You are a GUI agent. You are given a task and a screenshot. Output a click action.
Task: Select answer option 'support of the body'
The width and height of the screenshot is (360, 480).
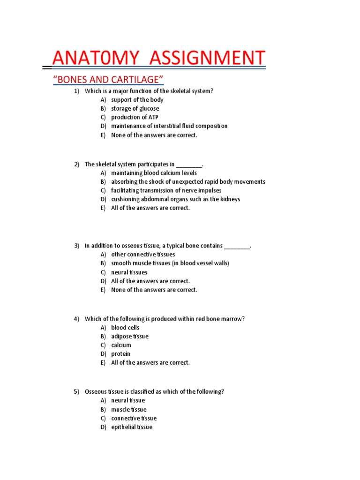pos(137,100)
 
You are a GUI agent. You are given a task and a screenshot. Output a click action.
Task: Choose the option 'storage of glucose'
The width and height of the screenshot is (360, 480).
pos(135,109)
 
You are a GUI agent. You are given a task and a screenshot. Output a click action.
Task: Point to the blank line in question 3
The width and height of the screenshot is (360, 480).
pos(237,246)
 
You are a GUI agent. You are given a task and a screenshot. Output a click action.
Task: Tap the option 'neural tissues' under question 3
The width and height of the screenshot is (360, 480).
pos(129,272)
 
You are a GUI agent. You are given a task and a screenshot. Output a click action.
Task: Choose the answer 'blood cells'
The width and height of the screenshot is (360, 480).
pos(125,328)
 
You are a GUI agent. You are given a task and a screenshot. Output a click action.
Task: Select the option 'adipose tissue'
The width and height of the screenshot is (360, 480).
pos(129,337)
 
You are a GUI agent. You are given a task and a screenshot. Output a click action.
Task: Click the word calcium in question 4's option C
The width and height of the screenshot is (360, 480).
pos(121,345)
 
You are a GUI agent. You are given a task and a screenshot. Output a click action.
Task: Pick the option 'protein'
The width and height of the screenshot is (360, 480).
pos(120,354)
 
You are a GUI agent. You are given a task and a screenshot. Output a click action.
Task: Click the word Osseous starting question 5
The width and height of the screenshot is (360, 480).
pos(95,391)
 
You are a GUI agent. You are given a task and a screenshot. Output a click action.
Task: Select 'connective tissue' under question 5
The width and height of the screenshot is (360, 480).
pos(134,418)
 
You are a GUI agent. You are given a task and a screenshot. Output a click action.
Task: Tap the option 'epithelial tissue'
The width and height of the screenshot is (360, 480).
pos(131,427)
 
